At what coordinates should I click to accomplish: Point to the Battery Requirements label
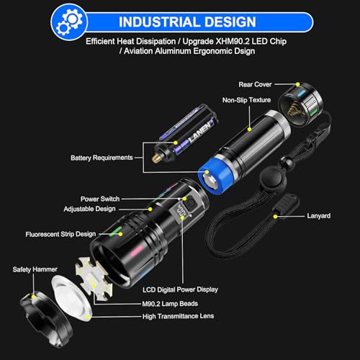coord(102,157)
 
